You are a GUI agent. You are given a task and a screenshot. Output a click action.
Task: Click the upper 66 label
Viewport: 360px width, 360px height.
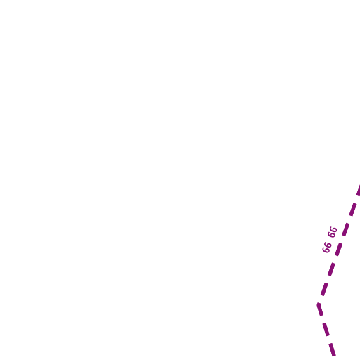point(333,232)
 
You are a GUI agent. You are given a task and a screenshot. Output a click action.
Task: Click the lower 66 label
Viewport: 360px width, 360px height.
point(327,247)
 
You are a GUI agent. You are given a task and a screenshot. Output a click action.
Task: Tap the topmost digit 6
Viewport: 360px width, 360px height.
point(334,229)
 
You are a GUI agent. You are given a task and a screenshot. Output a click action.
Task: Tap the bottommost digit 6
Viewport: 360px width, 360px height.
point(326,250)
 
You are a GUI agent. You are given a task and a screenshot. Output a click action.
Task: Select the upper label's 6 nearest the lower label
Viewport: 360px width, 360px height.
point(331,235)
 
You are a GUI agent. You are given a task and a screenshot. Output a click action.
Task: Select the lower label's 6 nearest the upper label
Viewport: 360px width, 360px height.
point(328,245)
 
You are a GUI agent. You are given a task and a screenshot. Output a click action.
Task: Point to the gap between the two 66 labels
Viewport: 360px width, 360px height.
point(330,240)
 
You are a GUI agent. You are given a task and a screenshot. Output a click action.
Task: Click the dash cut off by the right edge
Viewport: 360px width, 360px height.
point(359,190)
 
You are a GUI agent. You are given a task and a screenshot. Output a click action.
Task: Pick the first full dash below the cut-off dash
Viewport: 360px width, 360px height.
point(353,210)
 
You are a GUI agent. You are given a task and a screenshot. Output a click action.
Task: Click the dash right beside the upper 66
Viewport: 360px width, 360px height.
point(346,229)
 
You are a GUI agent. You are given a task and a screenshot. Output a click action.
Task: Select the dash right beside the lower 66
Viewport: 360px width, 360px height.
point(339,250)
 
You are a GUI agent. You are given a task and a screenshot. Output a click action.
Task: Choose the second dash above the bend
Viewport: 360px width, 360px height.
point(332,269)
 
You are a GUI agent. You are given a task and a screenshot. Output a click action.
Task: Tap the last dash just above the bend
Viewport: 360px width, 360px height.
point(325,290)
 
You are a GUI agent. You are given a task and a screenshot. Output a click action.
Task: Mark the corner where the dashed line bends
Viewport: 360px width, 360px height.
point(319,304)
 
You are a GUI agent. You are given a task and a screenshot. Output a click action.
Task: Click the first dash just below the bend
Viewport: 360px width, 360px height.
point(320,309)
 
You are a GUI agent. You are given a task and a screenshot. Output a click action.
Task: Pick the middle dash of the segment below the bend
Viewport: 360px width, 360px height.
point(326,330)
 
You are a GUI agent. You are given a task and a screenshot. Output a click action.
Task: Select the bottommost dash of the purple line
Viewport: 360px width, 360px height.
point(332,349)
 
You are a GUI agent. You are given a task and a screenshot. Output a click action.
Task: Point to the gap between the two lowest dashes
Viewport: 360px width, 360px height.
point(329,340)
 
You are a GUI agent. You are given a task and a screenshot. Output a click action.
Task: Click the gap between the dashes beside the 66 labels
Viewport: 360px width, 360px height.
point(342,240)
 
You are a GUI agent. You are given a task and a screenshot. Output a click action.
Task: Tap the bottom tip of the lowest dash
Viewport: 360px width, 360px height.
point(334,356)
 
